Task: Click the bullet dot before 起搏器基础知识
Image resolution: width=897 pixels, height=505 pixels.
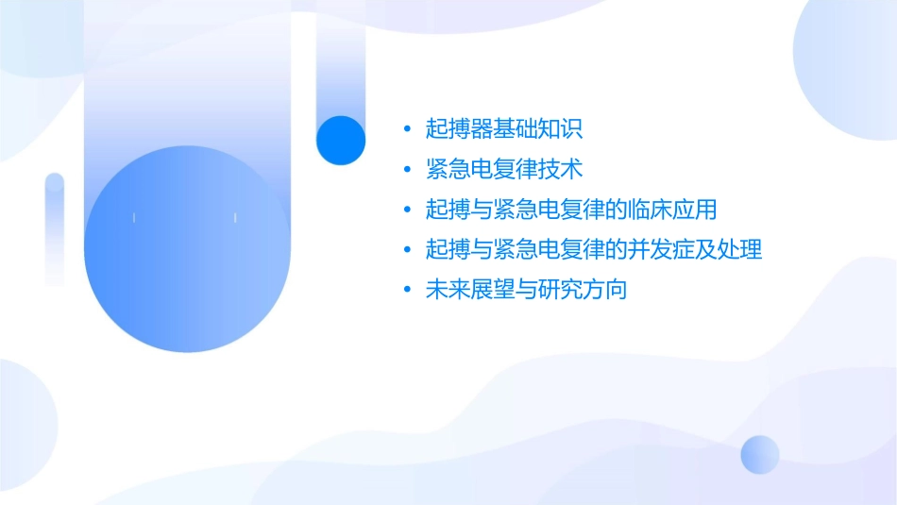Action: (406, 130)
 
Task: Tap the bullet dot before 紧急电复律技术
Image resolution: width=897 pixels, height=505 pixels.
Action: (406, 171)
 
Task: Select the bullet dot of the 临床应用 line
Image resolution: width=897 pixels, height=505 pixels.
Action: (406, 210)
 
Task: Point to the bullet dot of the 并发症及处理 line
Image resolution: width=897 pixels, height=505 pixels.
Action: (406, 251)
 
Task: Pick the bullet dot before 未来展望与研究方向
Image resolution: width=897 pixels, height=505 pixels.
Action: (406, 291)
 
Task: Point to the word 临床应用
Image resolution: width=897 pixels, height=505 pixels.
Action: (676, 210)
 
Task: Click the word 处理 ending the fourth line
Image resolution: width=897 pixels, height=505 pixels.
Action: (741, 250)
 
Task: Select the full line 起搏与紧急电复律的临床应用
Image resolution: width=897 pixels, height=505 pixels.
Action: (571, 210)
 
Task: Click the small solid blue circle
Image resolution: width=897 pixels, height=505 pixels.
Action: (341, 140)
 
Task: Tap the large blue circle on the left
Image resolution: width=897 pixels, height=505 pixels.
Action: (186, 249)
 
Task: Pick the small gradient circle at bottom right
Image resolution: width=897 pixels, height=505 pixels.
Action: (760, 455)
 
